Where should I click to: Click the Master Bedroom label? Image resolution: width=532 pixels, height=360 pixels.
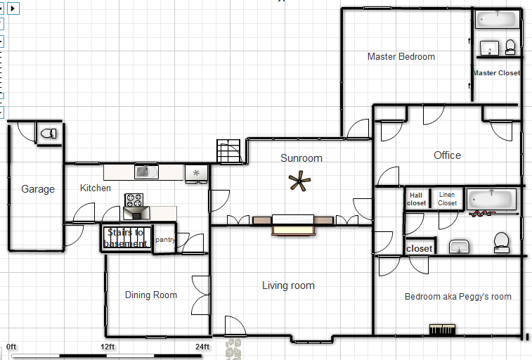click(401, 57)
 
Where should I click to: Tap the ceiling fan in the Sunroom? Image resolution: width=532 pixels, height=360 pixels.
click(301, 182)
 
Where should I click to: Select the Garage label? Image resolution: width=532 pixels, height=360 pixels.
click(38, 189)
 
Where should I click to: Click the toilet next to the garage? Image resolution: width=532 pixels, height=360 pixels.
click(48, 133)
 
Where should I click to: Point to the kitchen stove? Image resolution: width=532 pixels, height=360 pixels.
click(134, 200)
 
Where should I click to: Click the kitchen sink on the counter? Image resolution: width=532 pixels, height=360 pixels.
click(147, 171)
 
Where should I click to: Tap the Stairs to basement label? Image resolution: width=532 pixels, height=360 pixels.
click(125, 238)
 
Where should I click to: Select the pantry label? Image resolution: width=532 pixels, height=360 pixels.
click(165, 240)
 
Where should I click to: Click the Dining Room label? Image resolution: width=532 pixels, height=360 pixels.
click(150, 295)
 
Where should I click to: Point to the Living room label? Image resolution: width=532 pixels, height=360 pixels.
click(288, 285)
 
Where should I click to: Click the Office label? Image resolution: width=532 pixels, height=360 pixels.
click(447, 155)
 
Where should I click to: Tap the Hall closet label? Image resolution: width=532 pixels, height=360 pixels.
click(417, 200)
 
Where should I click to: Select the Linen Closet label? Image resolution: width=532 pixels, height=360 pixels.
click(447, 199)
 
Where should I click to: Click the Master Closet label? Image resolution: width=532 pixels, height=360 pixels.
click(496, 73)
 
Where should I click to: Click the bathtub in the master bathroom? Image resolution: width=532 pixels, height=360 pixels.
click(497, 18)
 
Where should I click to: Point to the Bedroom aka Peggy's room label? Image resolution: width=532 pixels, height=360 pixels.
click(458, 297)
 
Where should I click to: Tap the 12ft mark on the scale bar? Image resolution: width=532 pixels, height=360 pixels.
click(108, 347)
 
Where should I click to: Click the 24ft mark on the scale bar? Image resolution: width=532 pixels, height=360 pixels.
click(202, 347)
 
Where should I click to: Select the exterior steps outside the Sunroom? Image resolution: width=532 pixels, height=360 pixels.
click(228, 151)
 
